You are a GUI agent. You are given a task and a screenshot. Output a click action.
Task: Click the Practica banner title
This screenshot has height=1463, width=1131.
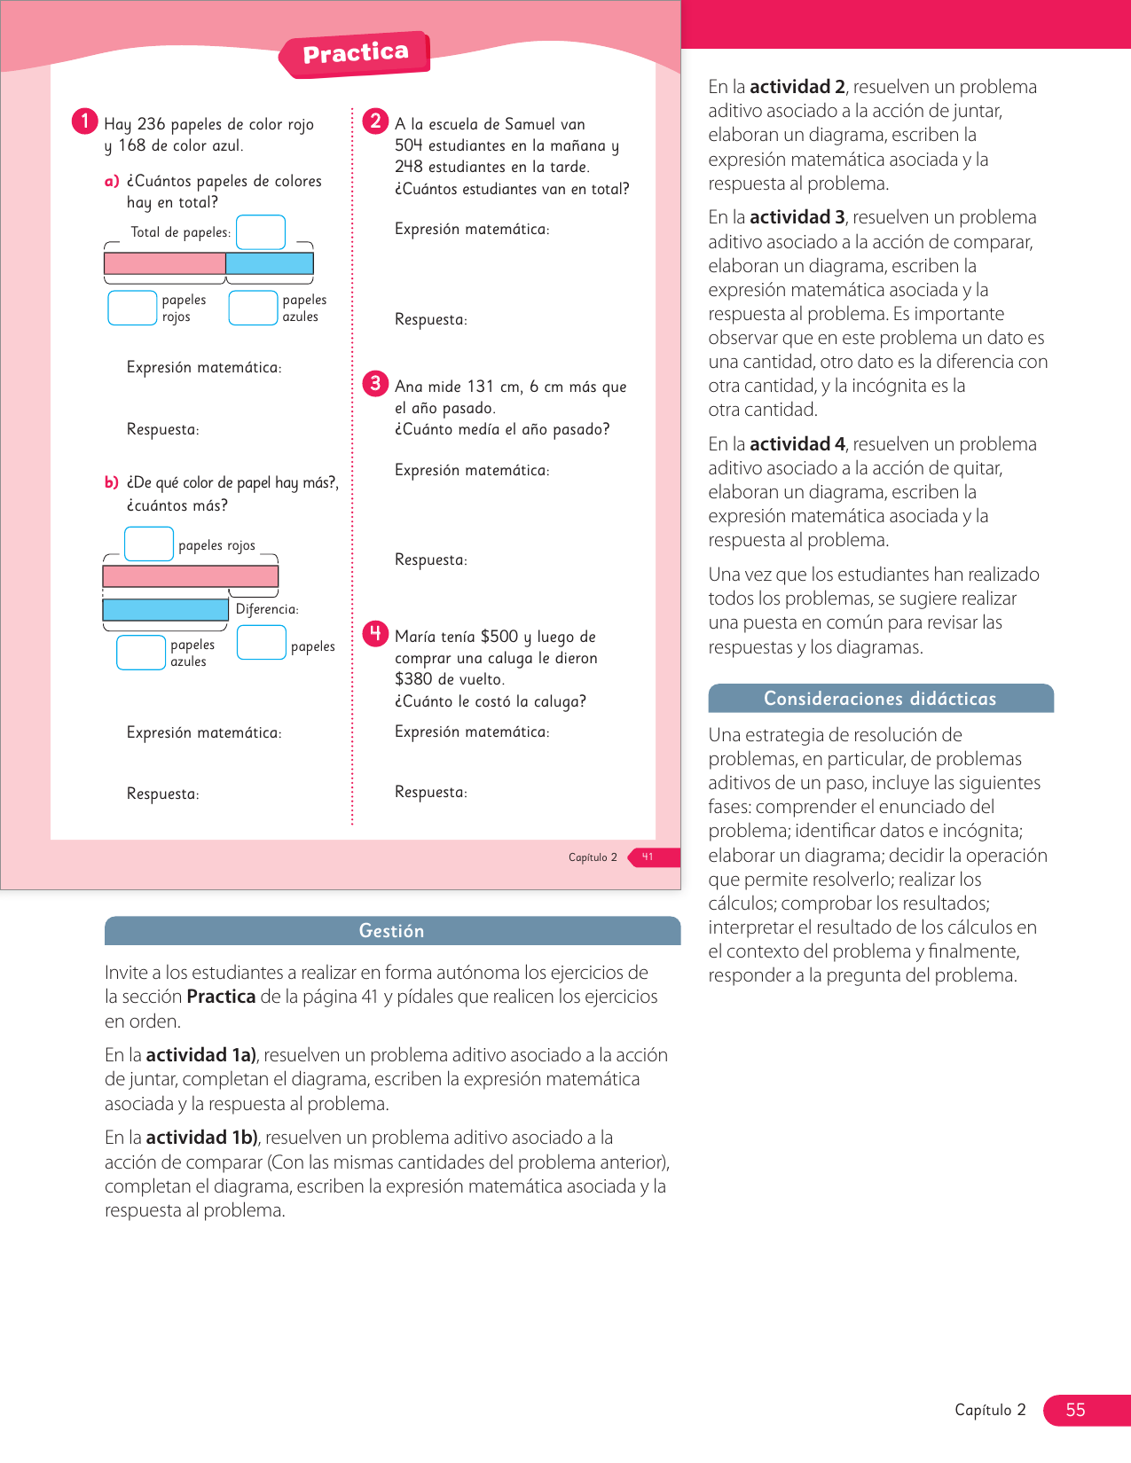pos(356,54)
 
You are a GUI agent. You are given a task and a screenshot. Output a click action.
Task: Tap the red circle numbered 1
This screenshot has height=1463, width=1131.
pos(84,121)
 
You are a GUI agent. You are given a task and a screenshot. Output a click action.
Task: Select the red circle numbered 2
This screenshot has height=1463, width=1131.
pos(375,121)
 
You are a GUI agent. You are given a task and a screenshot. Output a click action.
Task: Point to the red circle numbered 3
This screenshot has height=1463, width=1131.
pos(375,383)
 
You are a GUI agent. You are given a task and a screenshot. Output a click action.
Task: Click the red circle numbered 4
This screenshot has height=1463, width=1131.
pos(375,633)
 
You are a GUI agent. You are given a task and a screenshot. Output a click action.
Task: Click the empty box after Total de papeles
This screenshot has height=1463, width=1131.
pos(261,232)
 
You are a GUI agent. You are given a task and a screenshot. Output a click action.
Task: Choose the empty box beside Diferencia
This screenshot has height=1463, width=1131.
pos(262,642)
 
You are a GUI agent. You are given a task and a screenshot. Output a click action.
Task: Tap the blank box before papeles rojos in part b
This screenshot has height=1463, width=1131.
pos(149,544)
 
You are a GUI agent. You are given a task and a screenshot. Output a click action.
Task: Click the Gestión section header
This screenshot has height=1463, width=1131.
pos(392,931)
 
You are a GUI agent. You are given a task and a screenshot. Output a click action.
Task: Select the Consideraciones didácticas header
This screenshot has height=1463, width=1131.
pos(880,699)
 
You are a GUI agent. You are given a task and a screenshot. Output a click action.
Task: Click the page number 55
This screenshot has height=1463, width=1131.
pos(1075,1410)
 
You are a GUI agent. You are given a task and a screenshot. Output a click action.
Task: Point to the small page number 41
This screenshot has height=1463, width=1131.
pos(648,857)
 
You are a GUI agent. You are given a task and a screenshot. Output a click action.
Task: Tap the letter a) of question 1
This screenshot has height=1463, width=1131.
pos(112,181)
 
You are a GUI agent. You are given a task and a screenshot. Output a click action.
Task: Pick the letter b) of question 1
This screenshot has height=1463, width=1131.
pos(112,482)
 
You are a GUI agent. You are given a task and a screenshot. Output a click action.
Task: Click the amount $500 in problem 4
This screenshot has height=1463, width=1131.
pos(499,637)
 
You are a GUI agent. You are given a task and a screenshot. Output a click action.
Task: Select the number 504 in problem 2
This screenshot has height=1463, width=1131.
pos(409,145)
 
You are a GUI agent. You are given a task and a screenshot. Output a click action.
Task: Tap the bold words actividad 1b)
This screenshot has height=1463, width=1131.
pos(201,1138)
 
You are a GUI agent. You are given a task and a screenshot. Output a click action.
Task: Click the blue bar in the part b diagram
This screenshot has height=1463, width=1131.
pos(166,609)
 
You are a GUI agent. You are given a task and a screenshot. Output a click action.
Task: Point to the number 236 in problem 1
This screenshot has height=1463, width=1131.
pos(151,124)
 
